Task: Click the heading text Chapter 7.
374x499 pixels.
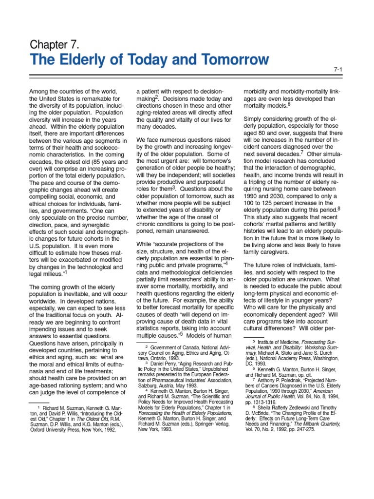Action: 55,45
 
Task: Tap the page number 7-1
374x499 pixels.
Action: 338,69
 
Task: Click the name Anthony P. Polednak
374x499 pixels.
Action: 287,380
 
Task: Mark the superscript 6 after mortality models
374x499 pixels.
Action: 289,103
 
